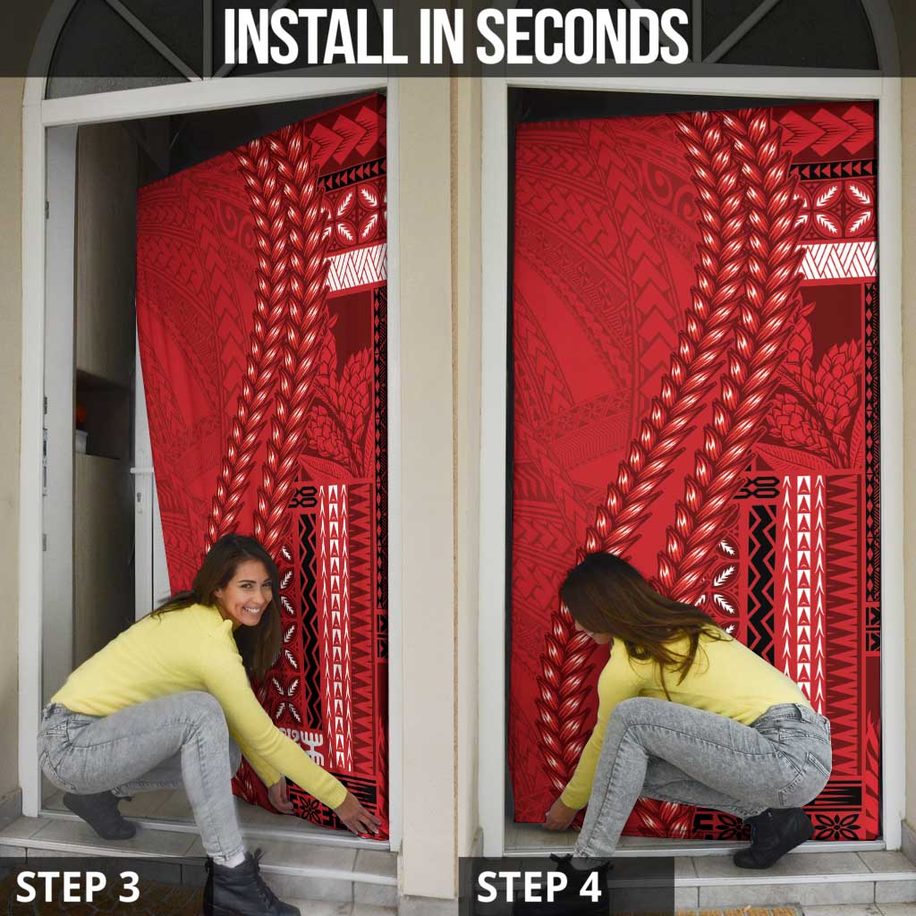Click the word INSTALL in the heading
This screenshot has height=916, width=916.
coord(316,36)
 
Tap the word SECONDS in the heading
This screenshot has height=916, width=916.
coord(582,36)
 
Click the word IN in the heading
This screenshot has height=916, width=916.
coord(442,36)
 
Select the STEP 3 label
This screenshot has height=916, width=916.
coord(78,886)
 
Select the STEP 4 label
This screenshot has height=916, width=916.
coord(539,886)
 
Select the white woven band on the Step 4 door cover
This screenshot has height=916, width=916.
coord(836,259)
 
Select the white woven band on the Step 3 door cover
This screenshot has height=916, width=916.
coord(356,267)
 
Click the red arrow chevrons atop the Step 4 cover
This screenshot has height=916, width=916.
coord(825,132)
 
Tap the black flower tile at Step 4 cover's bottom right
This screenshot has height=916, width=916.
coord(837,826)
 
